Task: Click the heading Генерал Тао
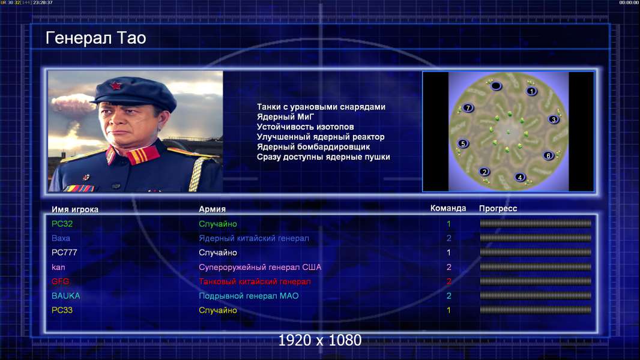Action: (96, 38)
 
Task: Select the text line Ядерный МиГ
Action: (285, 116)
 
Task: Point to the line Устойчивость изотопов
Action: (306, 127)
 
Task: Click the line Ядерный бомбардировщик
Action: (313, 147)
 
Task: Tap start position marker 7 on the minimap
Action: (468, 108)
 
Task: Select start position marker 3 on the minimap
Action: (554, 119)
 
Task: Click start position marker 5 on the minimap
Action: (463, 143)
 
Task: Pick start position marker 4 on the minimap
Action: (520, 178)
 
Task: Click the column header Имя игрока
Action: (74, 209)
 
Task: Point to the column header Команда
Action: (448, 208)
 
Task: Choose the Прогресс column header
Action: (498, 209)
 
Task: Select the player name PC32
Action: (62, 224)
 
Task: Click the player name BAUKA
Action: (65, 296)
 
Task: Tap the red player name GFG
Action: (61, 281)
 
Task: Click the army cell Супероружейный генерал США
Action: (260, 267)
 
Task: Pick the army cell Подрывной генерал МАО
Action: (249, 296)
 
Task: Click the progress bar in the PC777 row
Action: (536, 253)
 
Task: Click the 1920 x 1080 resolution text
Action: (320, 340)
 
